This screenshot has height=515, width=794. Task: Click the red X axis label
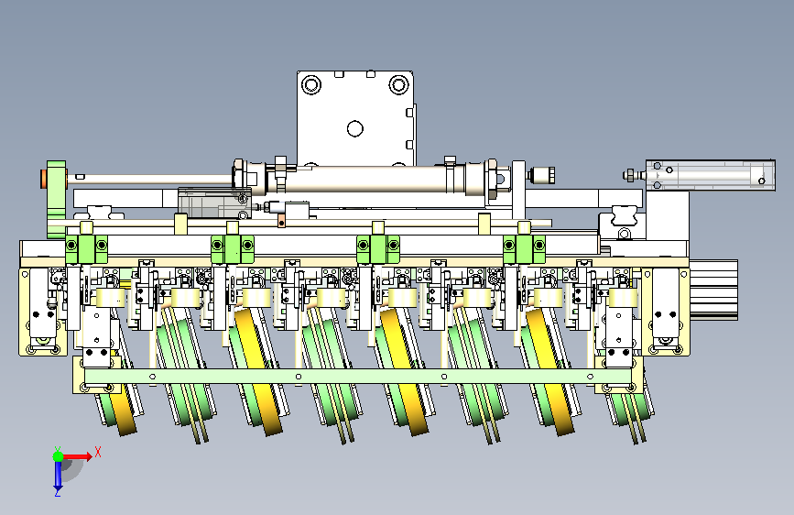pyautogui.click(x=98, y=452)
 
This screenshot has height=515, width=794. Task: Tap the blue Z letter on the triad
pyautogui.click(x=58, y=492)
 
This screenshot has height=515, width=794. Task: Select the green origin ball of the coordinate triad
pyautogui.click(x=59, y=456)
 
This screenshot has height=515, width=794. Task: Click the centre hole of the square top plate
pyautogui.click(x=355, y=128)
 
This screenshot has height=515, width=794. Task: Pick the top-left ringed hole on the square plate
pyautogui.click(x=311, y=84)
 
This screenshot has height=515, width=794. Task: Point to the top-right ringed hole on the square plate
pyautogui.click(x=399, y=84)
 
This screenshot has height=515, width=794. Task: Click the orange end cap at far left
pyautogui.click(x=44, y=179)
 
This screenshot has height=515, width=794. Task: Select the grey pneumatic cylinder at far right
pyautogui.click(x=710, y=175)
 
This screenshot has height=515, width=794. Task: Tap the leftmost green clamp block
pyautogui.click(x=87, y=249)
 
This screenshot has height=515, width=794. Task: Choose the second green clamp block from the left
pyautogui.click(x=233, y=249)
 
